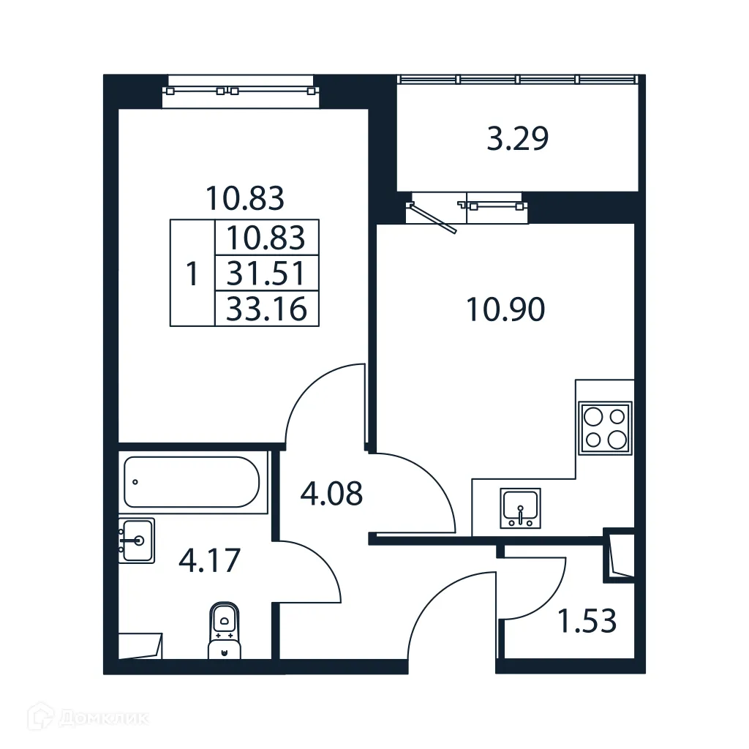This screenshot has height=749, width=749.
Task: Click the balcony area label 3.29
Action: [x=517, y=138]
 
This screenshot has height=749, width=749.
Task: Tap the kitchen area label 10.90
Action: [x=505, y=311]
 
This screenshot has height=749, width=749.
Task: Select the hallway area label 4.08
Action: [x=331, y=494]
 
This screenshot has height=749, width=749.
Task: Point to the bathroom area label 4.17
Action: [x=209, y=562]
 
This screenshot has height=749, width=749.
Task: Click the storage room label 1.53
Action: [x=587, y=622]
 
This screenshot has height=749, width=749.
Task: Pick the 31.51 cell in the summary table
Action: [x=266, y=274]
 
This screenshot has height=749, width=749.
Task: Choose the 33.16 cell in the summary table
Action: [x=266, y=309]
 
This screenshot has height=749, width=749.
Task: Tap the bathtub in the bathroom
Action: [x=192, y=482]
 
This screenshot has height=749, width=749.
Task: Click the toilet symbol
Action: [x=224, y=629]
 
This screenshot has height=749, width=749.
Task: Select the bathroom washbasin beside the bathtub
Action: [x=137, y=541]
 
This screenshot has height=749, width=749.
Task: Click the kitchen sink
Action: [x=520, y=508]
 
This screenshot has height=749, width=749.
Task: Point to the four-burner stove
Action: [x=605, y=428]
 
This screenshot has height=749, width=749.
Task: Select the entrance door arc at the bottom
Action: [x=446, y=614]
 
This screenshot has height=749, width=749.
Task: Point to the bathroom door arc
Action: [x=311, y=571]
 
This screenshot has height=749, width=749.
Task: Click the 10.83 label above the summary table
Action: [x=244, y=197]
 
